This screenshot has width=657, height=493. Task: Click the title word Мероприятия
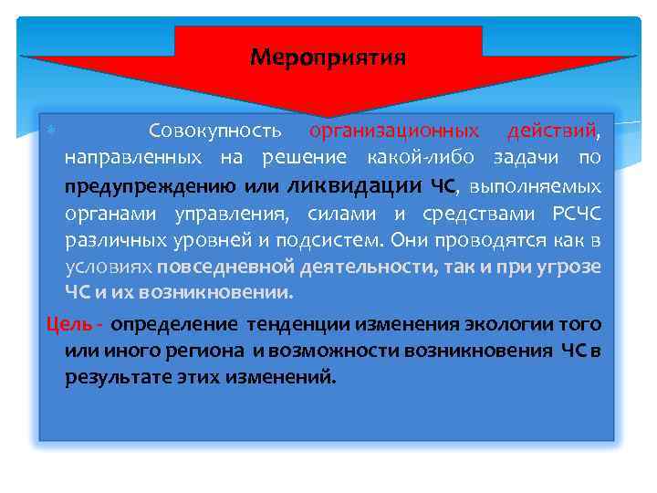[328, 58]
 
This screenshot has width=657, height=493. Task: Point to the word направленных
[133, 158]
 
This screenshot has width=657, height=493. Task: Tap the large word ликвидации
[355, 185]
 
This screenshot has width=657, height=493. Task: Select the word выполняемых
[535, 186]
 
